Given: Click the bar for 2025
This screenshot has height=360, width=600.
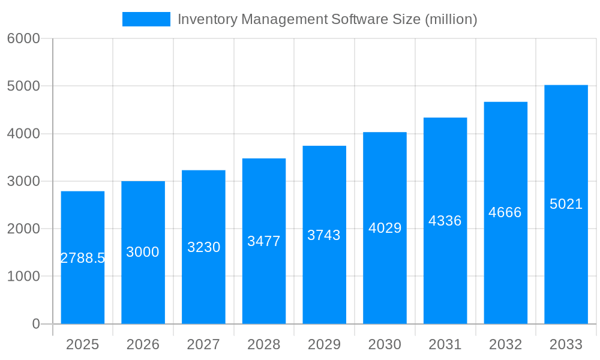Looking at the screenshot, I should (x=83, y=288).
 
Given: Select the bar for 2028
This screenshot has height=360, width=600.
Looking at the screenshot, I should (x=264, y=282).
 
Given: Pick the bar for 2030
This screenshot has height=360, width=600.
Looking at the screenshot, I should (x=385, y=276).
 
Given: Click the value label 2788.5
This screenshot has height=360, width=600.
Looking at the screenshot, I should (x=83, y=258).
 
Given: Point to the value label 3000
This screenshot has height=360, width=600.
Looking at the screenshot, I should (x=143, y=252).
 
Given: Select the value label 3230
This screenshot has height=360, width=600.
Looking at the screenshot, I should (x=204, y=247).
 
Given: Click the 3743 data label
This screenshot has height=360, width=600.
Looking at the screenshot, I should (x=324, y=235).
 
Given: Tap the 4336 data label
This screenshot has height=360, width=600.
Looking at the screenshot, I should (x=445, y=221).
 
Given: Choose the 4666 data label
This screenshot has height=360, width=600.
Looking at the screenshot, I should (x=505, y=212).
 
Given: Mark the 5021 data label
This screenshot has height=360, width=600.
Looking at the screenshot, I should (x=566, y=204).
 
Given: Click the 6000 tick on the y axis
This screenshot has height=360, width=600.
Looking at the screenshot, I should (x=23, y=38).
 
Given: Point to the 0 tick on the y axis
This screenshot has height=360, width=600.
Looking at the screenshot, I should (x=35, y=324).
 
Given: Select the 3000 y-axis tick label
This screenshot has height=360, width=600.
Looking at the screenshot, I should (x=23, y=181).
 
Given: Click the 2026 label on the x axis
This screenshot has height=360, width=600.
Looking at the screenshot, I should (x=143, y=344).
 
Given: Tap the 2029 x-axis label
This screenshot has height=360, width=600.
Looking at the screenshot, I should (x=324, y=344).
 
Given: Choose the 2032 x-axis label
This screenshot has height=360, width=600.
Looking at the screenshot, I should (x=505, y=344).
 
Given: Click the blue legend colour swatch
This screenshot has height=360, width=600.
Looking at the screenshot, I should (x=146, y=19).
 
